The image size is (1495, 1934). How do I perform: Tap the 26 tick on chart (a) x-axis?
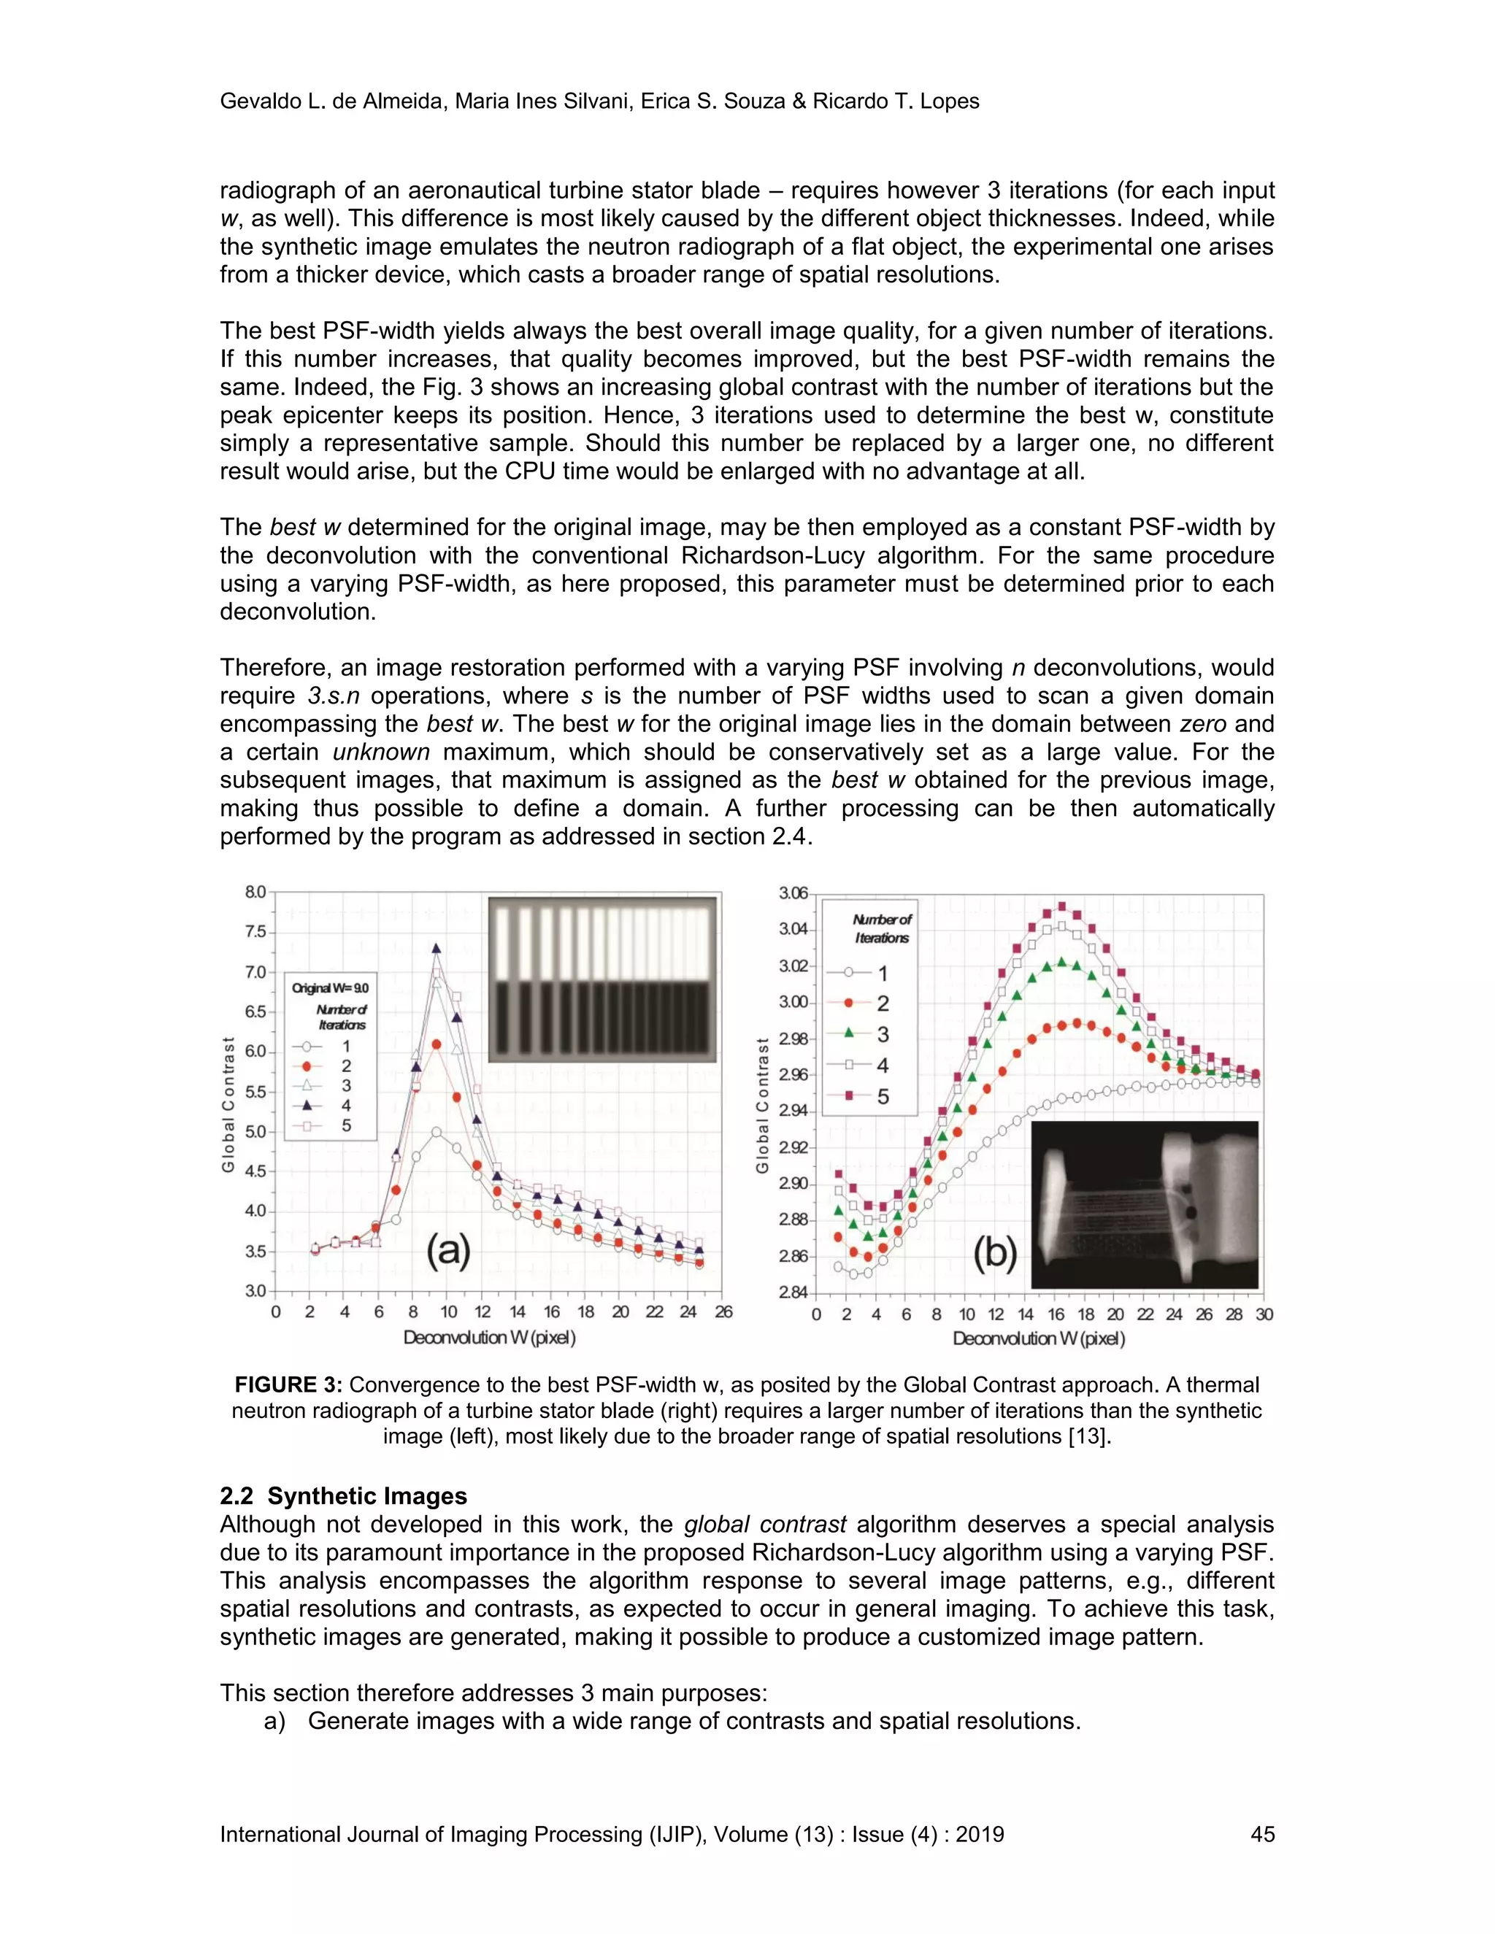723,1311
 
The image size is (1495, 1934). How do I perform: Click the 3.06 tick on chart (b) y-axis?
793,893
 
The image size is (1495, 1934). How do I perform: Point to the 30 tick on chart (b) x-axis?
1264,1314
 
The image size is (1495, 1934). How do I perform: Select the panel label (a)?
448,1251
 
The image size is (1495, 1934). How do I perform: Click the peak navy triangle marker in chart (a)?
436,949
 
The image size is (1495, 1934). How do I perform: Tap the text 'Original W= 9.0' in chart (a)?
331,987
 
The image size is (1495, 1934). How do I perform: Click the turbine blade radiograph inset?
1145,1204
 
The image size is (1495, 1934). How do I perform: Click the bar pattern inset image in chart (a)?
602,979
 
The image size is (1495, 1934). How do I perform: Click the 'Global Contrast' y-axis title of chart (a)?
228,1104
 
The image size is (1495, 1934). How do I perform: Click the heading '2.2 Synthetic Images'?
343,1495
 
